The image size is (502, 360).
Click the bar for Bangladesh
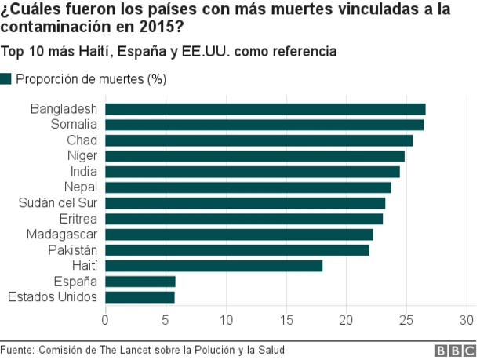pyautogui.click(x=265, y=109)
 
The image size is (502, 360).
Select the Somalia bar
pyautogui.click(x=264, y=125)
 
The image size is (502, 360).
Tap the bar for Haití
pyautogui.click(x=213, y=266)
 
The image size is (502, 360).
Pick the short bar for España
pyautogui.click(x=140, y=282)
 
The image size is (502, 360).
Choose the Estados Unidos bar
pyautogui.click(x=140, y=297)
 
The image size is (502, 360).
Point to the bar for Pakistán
pyautogui.click(x=237, y=250)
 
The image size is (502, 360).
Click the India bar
pyautogui.click(x=252, y=172)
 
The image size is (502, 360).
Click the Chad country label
pyautogui.click(x=82, y=140)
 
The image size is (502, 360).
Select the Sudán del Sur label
pyautogui.click(x=58, y=203)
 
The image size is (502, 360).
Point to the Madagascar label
pyautogui.click(x=61, y=235)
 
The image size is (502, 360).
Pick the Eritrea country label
pyautogui.click(x=78, y=219)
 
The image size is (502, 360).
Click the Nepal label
pyautogui.click(x=80, y=187)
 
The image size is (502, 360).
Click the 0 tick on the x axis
pyautogui.click(x=105, y=320)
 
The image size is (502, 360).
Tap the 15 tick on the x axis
pyautogui.click(x=286, y=320)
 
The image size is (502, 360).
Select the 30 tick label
pyautogui.click(x=467, y=320)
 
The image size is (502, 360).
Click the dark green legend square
pyautogui.click(x=6, y=78)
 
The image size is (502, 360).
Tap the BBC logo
pyautogui.click(x=461, y=351)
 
